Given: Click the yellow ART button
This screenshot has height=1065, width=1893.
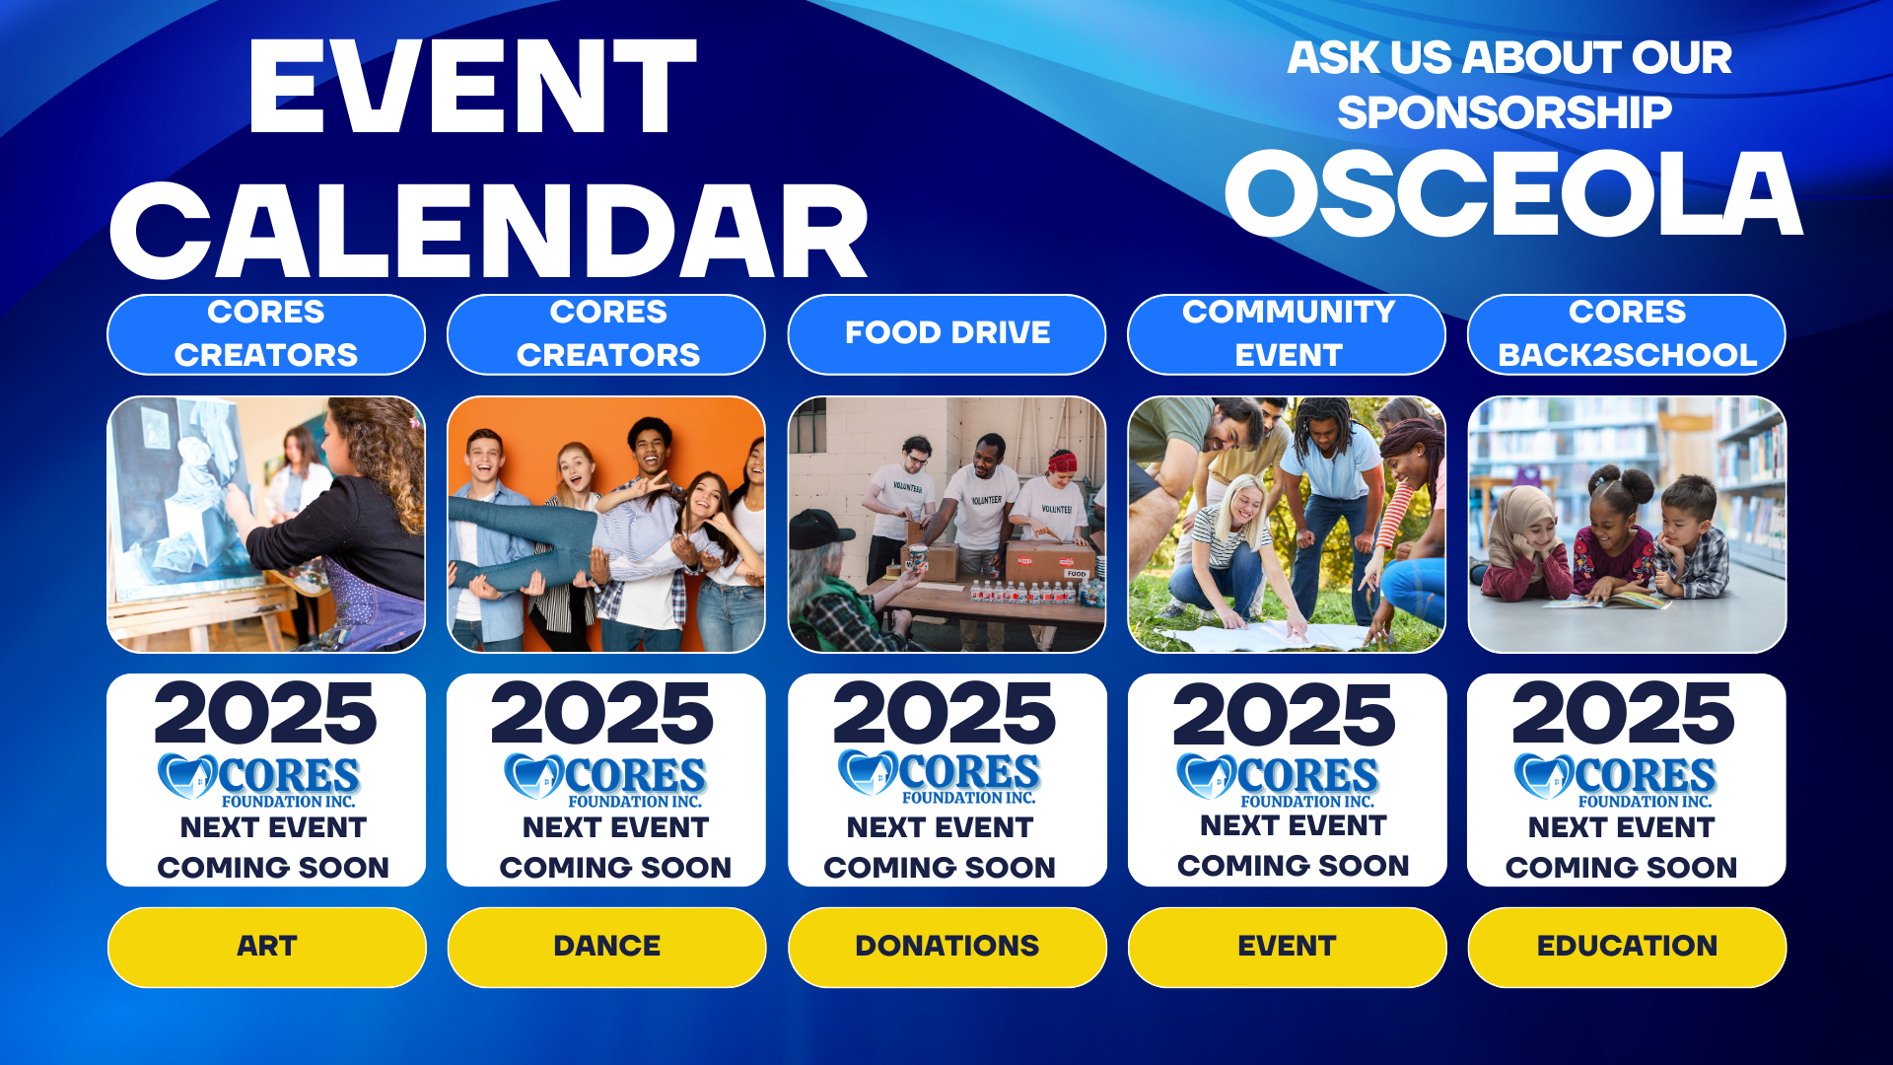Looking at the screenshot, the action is click(x=266, y=947).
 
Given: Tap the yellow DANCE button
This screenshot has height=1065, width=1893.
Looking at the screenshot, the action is click(x=606, y=947).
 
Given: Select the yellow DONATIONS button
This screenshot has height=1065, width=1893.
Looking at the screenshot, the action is click(x=946, y=947).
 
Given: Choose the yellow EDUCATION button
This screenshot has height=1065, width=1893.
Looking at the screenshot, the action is click(x=1627, y=947).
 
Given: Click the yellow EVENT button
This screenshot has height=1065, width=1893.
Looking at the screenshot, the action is click(x=1287, y=947).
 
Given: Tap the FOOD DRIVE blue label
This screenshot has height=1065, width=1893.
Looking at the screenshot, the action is click(x=946, y=334).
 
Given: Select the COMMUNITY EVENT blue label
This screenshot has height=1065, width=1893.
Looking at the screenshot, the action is click(x=1287, y=334).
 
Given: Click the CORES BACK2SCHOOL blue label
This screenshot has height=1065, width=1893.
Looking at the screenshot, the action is click(x=1627, y=334).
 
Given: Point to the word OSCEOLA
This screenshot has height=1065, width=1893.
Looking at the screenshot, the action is click(x=1513, y=193).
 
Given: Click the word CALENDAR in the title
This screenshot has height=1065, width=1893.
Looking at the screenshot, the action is click(x=489, y=232).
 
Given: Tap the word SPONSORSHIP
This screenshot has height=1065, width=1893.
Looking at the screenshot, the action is click(x=1505, y=112).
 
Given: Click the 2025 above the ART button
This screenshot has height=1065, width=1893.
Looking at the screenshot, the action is click(x=265, y=714).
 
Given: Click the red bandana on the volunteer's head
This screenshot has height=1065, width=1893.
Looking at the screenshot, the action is click(x=1062, y=461).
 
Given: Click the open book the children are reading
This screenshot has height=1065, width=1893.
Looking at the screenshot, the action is click(x=1607, y=598).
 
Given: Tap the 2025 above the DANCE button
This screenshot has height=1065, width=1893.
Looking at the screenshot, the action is click(x=602, y=714).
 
